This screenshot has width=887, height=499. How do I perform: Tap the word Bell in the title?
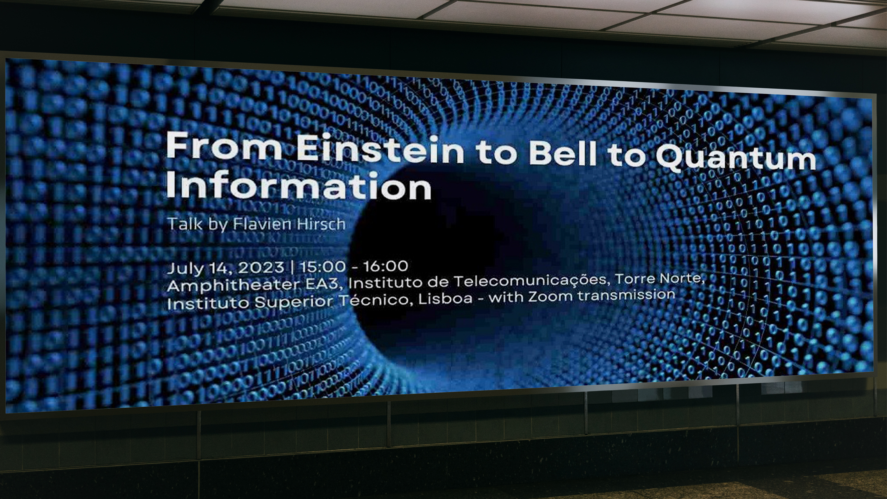(x=562, y=152)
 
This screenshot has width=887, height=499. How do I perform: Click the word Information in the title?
(x=298, y=186)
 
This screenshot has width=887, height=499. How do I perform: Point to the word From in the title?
(x=224, y=146)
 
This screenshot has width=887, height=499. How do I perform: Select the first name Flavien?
(x=261, y=224)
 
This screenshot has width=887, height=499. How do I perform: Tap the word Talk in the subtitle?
(x=185, y=224)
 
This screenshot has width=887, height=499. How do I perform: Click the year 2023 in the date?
(x=261, y=267)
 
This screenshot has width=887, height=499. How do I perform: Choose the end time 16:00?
(x=386, y=266)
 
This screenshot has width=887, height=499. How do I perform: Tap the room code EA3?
(x=322, y=283)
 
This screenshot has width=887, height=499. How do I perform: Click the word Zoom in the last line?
(x=550, y=297)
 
